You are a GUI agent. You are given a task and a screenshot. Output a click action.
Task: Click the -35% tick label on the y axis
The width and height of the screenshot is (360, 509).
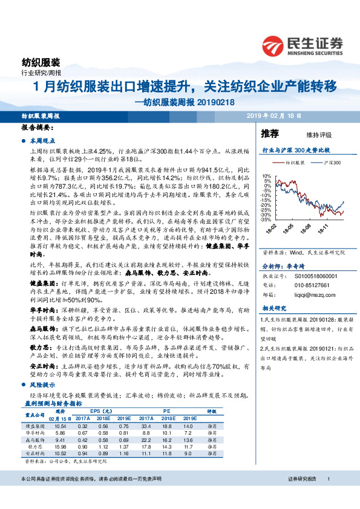click(267, 219)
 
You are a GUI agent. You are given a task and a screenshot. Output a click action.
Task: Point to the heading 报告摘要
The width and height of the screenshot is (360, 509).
click(38, 129)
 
